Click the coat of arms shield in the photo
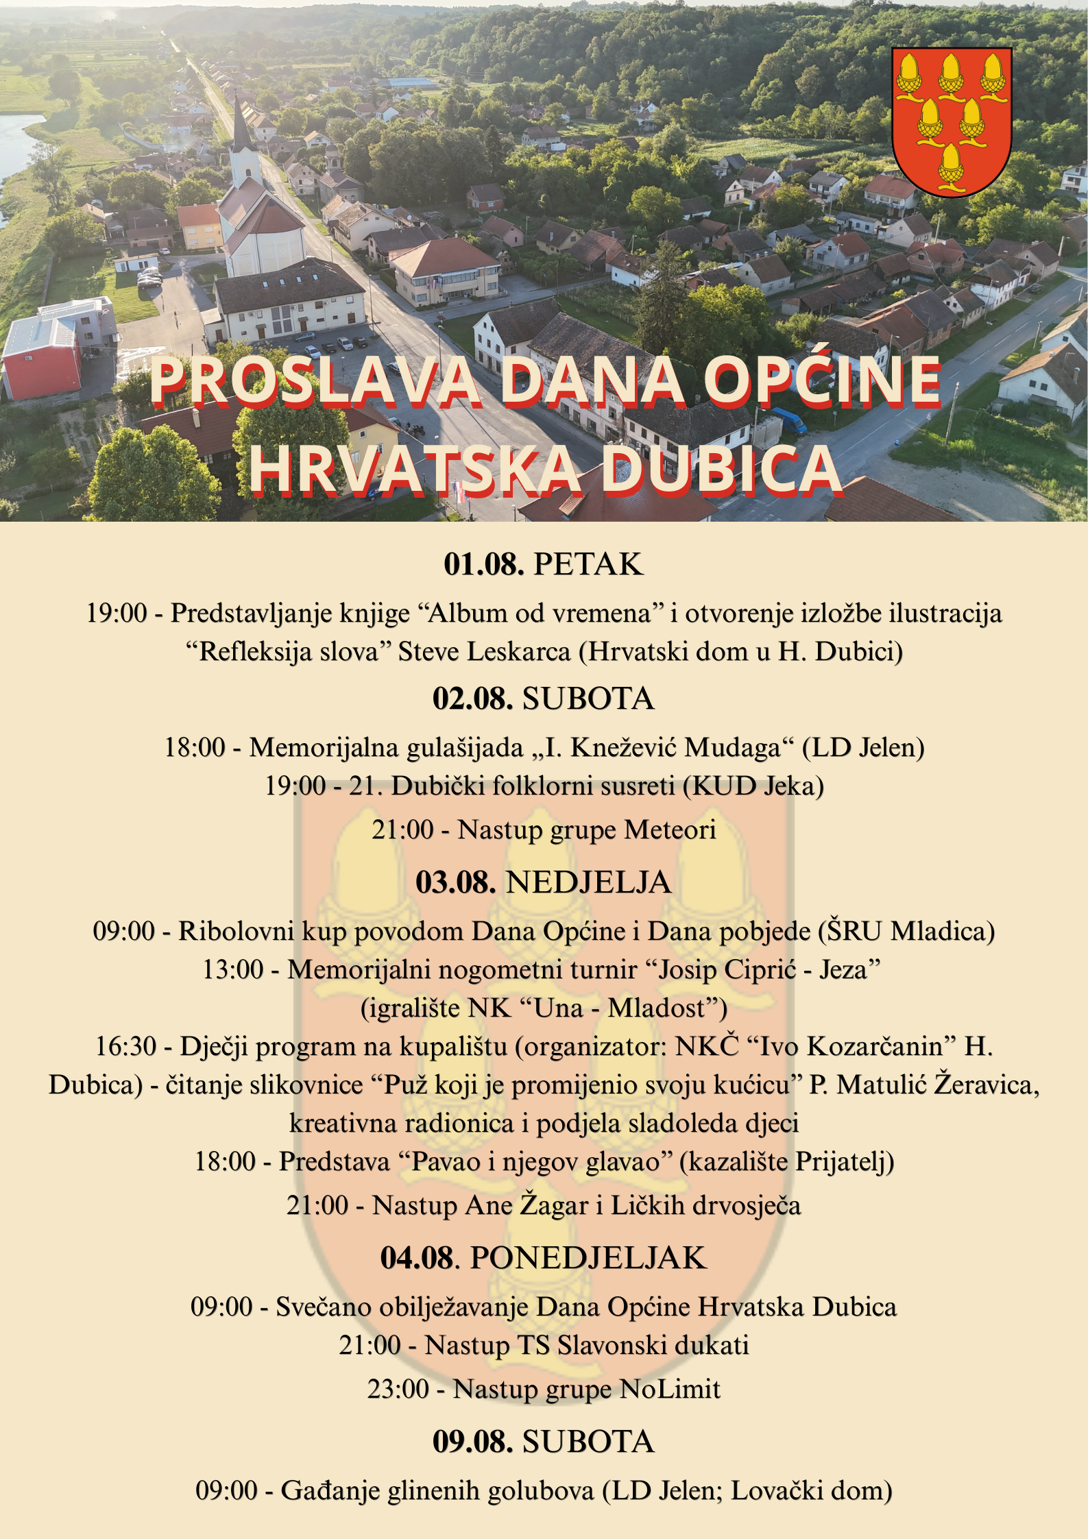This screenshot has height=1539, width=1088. (x=951, y=121)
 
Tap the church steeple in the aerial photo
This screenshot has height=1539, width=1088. (x=241, y=130)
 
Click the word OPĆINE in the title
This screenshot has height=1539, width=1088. (x=822, y=382)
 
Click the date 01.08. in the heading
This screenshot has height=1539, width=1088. (x=483, y=564)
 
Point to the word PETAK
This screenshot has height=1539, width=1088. (x=588, y=564)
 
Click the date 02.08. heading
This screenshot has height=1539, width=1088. (x=472, y=699)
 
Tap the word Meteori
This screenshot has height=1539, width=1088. (x=670, y=829)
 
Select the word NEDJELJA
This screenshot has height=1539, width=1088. (x=588, y=882)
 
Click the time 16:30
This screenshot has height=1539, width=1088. (x=125, y=1047)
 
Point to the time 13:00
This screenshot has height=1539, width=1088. (x=233, y=970)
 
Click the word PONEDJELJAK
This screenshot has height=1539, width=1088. (x=588, y=1259)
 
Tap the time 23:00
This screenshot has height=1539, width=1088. (x=398, y=1390)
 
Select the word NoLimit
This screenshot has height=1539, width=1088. (x=670, y=1390)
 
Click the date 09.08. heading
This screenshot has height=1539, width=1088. (x=472, y=1442)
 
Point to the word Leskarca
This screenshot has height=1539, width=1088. (x=518, y=651)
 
